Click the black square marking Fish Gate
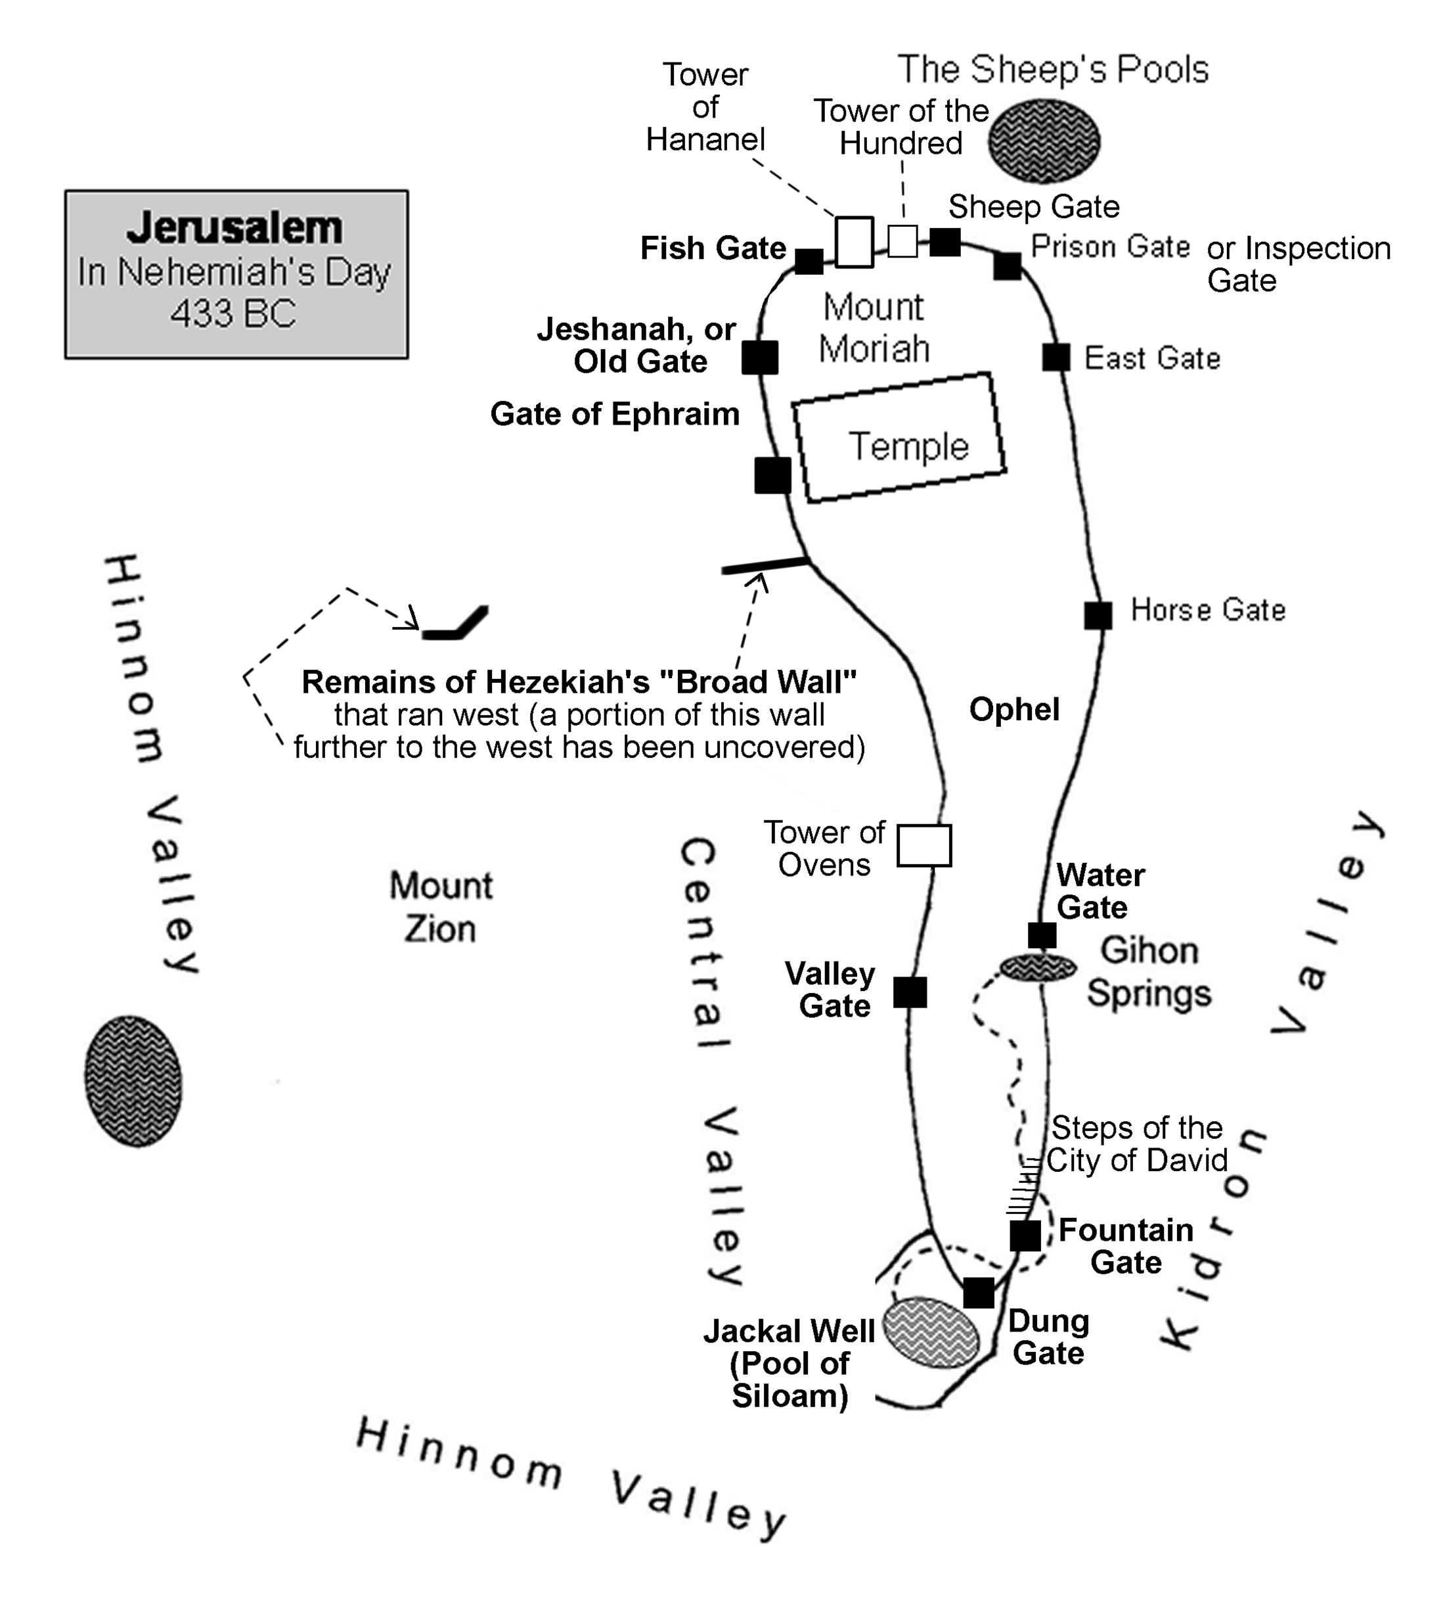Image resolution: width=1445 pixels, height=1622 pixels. click(x=809, y=262)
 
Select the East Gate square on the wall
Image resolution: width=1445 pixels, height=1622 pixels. click(x=1056, y=358)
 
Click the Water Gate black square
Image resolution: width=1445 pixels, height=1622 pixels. click(x=1042, y=936)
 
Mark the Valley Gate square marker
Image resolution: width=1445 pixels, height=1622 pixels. click(x=910, y=992)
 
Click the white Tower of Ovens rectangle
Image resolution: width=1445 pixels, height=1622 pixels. click(x=924, y=845)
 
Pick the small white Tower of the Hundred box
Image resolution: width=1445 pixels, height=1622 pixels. click(x=902, y=241)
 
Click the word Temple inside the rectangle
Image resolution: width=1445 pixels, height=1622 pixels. click(x=908, y=446)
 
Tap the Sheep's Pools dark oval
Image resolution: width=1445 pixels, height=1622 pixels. click(x=1044, y=141)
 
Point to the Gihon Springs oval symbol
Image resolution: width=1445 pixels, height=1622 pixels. click(x=1038, y=967)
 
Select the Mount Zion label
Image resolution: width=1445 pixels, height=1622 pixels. click(x=441, y=907)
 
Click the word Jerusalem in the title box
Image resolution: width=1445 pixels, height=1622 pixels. click(x=235, y=228)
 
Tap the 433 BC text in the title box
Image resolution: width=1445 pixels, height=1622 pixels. click(x=233, y=313)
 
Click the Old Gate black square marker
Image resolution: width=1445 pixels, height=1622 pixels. click(x=760, y=358)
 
